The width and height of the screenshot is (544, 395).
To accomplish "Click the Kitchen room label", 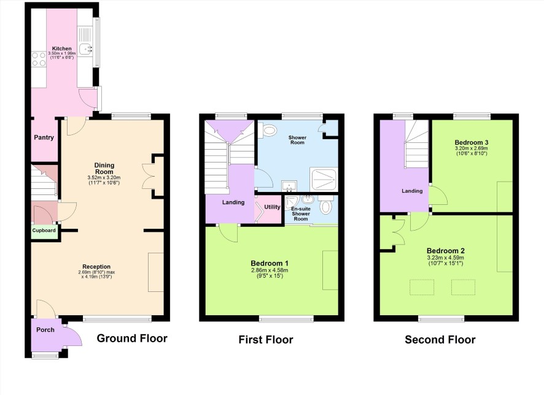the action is click(x=62, y=48).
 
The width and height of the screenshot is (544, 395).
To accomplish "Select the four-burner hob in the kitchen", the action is click(x=39, y=59).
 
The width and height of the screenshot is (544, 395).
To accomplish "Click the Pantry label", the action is click(x=44, y=137).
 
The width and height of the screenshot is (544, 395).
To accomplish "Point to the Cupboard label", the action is click(x=44, y=231).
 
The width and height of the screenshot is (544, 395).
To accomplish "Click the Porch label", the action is click(x=45, y=330).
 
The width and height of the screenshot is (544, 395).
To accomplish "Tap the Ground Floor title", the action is click(x=132, y=338).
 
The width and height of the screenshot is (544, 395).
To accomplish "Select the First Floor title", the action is click(x=266, y=340).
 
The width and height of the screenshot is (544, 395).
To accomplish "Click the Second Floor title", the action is click(x=440, y=340).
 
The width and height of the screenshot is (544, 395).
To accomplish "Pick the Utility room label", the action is click(x=273, y=207).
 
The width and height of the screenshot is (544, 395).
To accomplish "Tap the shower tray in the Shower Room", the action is click(x=324, y=178).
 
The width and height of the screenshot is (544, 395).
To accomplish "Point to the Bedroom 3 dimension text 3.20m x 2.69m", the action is click(x=472, y=148).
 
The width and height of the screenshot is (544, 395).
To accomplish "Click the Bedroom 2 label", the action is click(x=446, y=251).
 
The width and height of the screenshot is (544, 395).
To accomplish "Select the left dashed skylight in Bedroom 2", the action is click(x=422, y=287).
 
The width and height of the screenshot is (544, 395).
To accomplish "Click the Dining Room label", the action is click(x=104, y=169).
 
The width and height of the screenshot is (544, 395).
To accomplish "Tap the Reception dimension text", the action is click(x=96, y=274).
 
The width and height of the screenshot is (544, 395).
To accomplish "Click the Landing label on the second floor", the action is click(x=412, y=191).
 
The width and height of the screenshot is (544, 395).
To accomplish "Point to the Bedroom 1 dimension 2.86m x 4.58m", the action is click(x=270, y=270).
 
